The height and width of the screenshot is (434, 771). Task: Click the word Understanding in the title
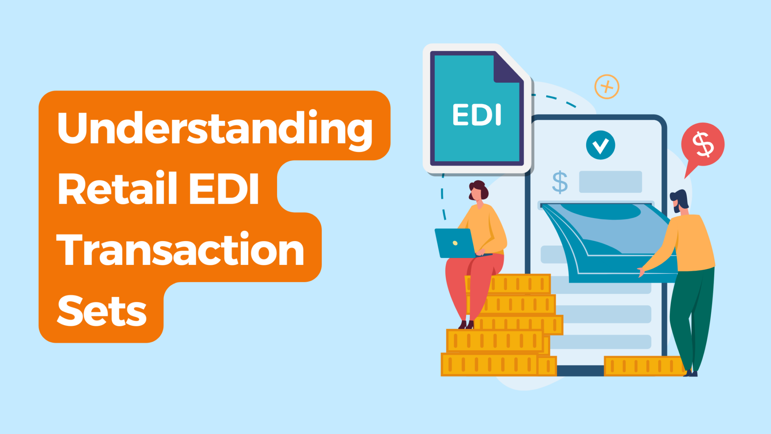(x=215, y=128)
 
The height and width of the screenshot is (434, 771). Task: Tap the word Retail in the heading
(x=117, y=188)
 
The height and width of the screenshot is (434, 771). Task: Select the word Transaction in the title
(x=180, y=249)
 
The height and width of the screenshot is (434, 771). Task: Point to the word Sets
(x=102, y=311)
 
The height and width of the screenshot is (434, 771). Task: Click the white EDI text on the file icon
(x=477, y=115)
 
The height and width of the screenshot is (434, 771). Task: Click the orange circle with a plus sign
(x=606, y=87)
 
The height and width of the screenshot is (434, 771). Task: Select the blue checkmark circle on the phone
(x=600, y=145)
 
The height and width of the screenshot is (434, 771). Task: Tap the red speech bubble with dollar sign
(x=702, y=144)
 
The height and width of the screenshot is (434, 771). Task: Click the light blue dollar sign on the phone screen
(x=560, y=182)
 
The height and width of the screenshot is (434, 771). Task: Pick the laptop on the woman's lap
(x=455, y=243)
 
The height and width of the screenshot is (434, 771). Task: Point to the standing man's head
(x=680, y=202)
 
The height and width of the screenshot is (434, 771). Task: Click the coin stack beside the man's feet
(x=644, y=365)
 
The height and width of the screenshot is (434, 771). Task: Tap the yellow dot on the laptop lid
(x=455, y=243)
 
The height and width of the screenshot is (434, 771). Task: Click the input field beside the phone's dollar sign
(x=610, y=182)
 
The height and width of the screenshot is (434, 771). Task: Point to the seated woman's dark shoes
(x=466, y=324)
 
